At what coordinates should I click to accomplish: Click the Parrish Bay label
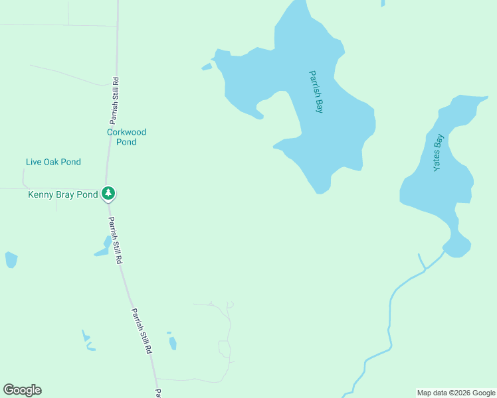point(316,92)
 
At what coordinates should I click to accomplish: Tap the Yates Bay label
point(438,153)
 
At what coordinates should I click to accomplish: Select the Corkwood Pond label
point(126,137)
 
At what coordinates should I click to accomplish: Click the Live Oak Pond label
point(53,162)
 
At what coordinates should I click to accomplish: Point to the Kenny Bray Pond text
point(63,194)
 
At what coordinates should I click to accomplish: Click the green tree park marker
point(108,194)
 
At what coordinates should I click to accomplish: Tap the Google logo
point(22,390)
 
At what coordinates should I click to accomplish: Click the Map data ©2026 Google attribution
point(456,393)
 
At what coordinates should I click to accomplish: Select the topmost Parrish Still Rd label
point(115,101)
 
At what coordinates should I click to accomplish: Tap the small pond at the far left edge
point(11,259)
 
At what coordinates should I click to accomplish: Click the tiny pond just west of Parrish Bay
point(207,67)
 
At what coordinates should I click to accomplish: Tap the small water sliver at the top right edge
point(383,3)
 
